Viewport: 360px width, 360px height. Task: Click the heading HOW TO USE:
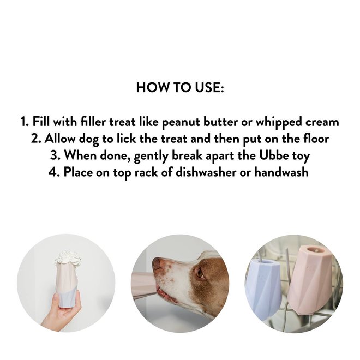click(180, 88)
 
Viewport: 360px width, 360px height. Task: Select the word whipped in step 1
click(275, 122)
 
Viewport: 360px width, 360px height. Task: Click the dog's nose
click(157, 264)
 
